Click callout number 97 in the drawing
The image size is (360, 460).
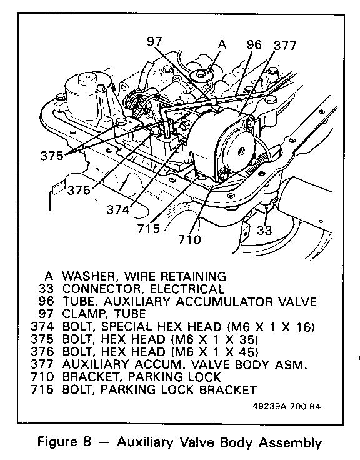pyautogui.click(x=154, y=41)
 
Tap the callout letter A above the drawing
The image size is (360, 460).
pyautogui.click(x=222, y=44)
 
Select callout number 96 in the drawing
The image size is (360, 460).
pyautogui.click(x=254, y=44)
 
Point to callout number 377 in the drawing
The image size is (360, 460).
pyautogui.click(x=285, y=46)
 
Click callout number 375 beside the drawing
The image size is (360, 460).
pyautogui.click(x=52, y=156)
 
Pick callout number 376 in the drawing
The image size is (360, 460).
pyautogui.click(x=79, y=191)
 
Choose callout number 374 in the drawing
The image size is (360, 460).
pyautogui.click(x=118, y=210)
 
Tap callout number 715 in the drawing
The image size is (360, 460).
pyautogui.click(x=149, y=229)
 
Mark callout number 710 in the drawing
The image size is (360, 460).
pyautogui.click(x=190, y=239)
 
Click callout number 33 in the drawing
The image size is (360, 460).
pyautogui.click(x=264, y=230)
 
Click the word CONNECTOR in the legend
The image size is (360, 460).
pyautogui.click(x=101, y=289)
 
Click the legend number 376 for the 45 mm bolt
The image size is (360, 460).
pyautogui.click(x=42, y=352)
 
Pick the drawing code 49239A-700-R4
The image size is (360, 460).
pyautogui.click(x=286, y=407)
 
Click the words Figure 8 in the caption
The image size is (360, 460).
pyautogui.click(x=64, y=442)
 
